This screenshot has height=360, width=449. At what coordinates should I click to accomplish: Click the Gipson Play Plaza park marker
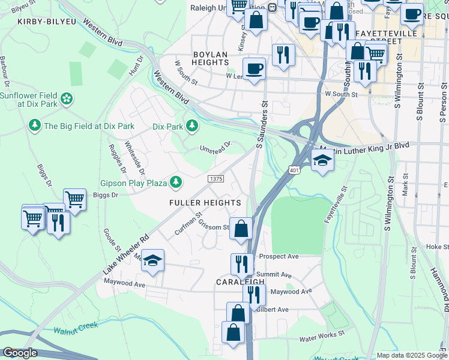pyautogui.click(x=176, y=181)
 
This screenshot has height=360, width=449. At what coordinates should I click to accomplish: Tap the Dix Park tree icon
pyautogui.click(x=192, y=126)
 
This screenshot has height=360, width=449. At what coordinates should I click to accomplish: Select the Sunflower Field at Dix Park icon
pyautogui.click(x=67, y=97)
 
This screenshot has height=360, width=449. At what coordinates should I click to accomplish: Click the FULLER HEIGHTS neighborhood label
pyautogui.click(x=205, y=203)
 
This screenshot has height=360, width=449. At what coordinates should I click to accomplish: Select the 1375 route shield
pyautogui.click(x=216, y=179)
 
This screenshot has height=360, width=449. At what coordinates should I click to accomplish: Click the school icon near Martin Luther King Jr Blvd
pyautogui.click(x=322, y=160)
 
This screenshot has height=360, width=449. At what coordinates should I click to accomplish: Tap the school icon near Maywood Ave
pyautogui.click(x=152, y=260)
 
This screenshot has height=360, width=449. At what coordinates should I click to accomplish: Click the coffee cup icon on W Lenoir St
pyautogui.click(x=254, y=67)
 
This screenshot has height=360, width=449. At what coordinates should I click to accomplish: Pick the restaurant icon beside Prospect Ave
pyautogui.click(x=242, y=264)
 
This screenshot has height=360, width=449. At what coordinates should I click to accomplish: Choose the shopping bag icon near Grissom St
pyautogui.click(x=241, y=229)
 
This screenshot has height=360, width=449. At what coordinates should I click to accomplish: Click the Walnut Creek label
pyautogui.click(x=75, y=329)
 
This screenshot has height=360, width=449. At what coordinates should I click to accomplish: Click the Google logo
pyautogui.click(x=19, y=353)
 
